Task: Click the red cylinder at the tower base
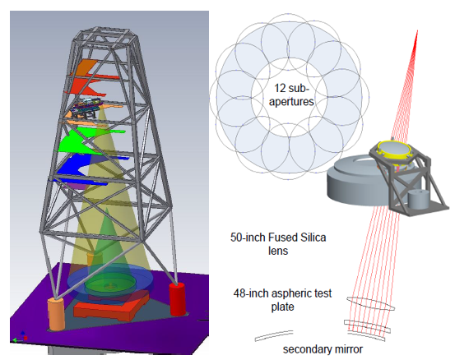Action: click(177, 299)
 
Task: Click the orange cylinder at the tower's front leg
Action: click(56, 314)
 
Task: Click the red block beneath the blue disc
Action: click(112, 309)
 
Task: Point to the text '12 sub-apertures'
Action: click(291, 95)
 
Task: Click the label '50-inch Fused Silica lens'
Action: click(278, 244)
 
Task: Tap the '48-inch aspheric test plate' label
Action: click(282, 300)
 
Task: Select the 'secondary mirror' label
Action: click(323, 349)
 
